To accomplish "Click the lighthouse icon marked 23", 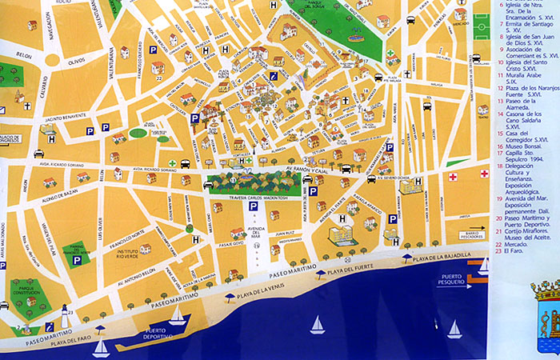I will pos(64,318).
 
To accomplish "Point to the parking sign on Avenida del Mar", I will pos(253,206).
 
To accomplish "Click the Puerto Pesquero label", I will pos(454,280).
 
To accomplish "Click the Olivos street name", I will pos(75,60).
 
